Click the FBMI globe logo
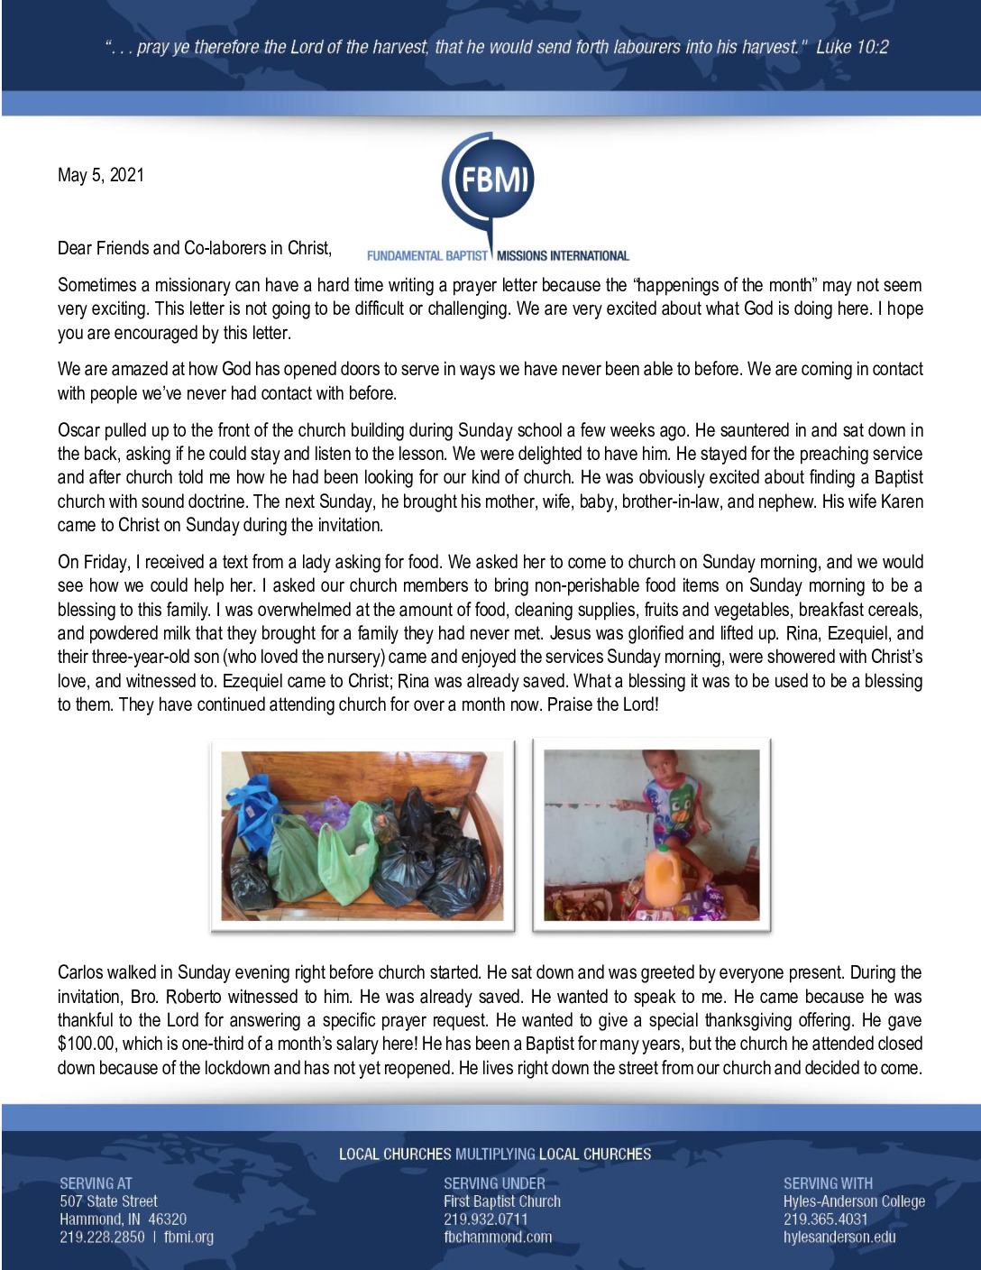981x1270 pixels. pyautogui.click(x=488, y=180)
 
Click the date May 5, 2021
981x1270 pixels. pyautogui.click(x=100, y=175)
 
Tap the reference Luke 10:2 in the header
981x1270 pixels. pyautogui.click(x=851, y=47)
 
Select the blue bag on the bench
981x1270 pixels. pyautogui.click(x=252, y=807)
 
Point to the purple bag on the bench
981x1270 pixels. pyautogui.click(x=325, y=811)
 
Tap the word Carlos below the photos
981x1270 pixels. pyautogui.click(x=81, y=972)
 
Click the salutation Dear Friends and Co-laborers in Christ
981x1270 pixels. pyautogui.click(x=195, y=248)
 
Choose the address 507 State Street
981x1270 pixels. pyautogui.click(x=108, y=1201)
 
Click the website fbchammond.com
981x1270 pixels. pyautogui.click(x=497, y=1237)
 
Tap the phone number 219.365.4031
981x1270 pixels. pyautogui.click(x=825, y=1219)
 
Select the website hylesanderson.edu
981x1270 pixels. pyautogui.click(x=839, y=1237)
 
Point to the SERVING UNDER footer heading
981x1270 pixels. pyautogui.click(x=494, y=1183)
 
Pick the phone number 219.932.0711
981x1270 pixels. pyautogui.click(x=485, y=1219)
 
